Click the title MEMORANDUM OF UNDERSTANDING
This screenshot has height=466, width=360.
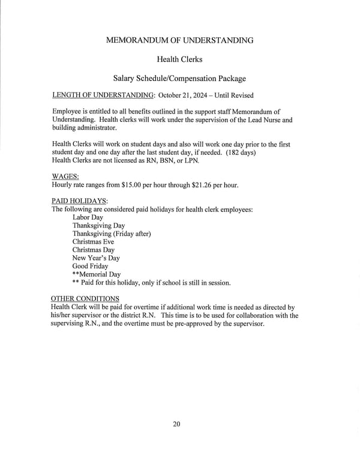point(179,40)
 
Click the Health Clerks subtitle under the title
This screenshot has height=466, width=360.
point(179,59)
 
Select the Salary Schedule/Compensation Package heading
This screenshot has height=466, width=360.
point(179,79)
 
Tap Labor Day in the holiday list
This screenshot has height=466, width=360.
point(88,217)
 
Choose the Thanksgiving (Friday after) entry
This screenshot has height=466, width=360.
point(112,234)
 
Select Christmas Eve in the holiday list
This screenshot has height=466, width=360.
point(93,241)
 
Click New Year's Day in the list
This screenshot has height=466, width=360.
point(96,258)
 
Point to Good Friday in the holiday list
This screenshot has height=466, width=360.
point(91,266)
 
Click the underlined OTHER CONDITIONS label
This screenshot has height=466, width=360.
point(85,298)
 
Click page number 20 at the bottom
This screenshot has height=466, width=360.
point(176,425)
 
